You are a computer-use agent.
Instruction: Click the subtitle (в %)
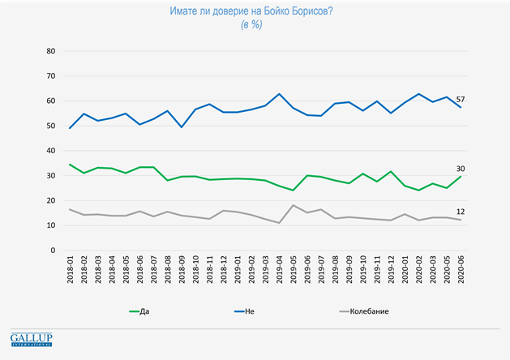pos(255,25)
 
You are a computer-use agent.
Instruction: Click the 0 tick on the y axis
pos(52,251)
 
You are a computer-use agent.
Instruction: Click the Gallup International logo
pos(32,340)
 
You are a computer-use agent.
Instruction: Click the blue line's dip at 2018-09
pos(182,127)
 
